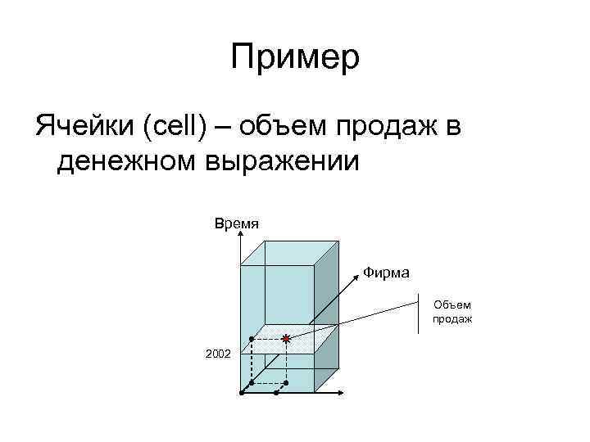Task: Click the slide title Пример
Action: [x=295, y=58]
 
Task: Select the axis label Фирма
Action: [x=387, y=272]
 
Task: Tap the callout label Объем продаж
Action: [x=452, y=311]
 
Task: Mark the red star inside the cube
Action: [x=285, y=337]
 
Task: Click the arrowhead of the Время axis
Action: [x=241, y=235]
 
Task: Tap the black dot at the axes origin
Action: [x=242, y=393]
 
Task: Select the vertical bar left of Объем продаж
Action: [x=418, y=311]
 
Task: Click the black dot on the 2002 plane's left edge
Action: [x=251, y=338]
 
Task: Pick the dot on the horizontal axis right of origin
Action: [x=276, y=393]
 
